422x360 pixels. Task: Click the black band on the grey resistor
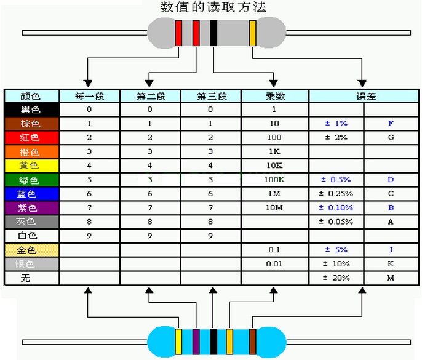click(x=213, y=33)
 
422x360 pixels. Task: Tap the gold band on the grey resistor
click(x=252, y=33)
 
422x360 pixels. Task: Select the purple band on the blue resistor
click(x=196, y=342)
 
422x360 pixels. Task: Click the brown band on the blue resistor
click(x=252, y=342)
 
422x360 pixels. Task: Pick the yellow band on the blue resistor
click(x=178, y=342)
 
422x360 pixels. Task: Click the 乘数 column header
click(x=275, y=96)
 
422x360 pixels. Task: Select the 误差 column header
click(x=364, y=96)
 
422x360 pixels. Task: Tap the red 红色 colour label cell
click(x=32, y=138)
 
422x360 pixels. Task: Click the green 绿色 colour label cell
click(x=32, y=180)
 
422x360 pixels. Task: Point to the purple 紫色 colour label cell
click(x=32, y=208)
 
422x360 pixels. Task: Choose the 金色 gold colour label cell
click(x=32, y=250)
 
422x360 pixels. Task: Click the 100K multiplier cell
click(x=275, y=180)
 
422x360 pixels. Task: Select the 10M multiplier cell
click(x=275, y=207)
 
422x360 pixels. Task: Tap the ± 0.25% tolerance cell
click(x=336, y=194)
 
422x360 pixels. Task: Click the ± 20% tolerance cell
click(x=336, y=278)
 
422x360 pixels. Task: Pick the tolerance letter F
click(x=391, y=123)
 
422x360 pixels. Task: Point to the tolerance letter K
click(x=391, y=263)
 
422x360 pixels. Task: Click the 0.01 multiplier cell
click(x=275, y=264)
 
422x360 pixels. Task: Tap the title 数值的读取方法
click(x=213, y=7)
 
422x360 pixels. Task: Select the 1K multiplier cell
click(x=275, y=151)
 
